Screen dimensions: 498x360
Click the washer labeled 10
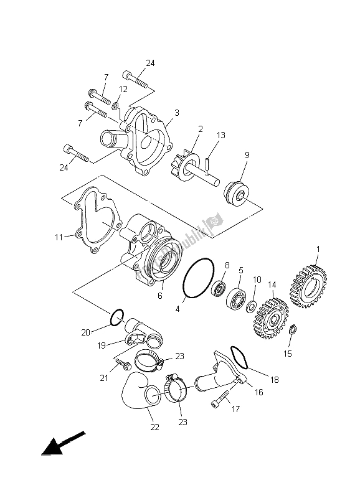click(x=253, y=307)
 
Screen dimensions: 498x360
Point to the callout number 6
click(x=160, y=296)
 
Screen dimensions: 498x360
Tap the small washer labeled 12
click(x=117, y=110)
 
